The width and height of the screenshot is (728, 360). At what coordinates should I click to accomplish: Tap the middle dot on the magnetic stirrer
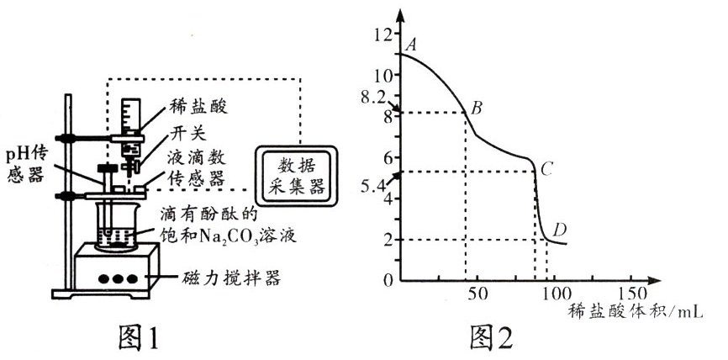pos(124,278)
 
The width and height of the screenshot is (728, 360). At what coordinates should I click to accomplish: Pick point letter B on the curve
pos(476,108)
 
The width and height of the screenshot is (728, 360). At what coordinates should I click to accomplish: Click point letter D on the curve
pos(560,228)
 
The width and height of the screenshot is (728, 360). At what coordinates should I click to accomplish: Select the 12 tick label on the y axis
pos(384,34)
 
